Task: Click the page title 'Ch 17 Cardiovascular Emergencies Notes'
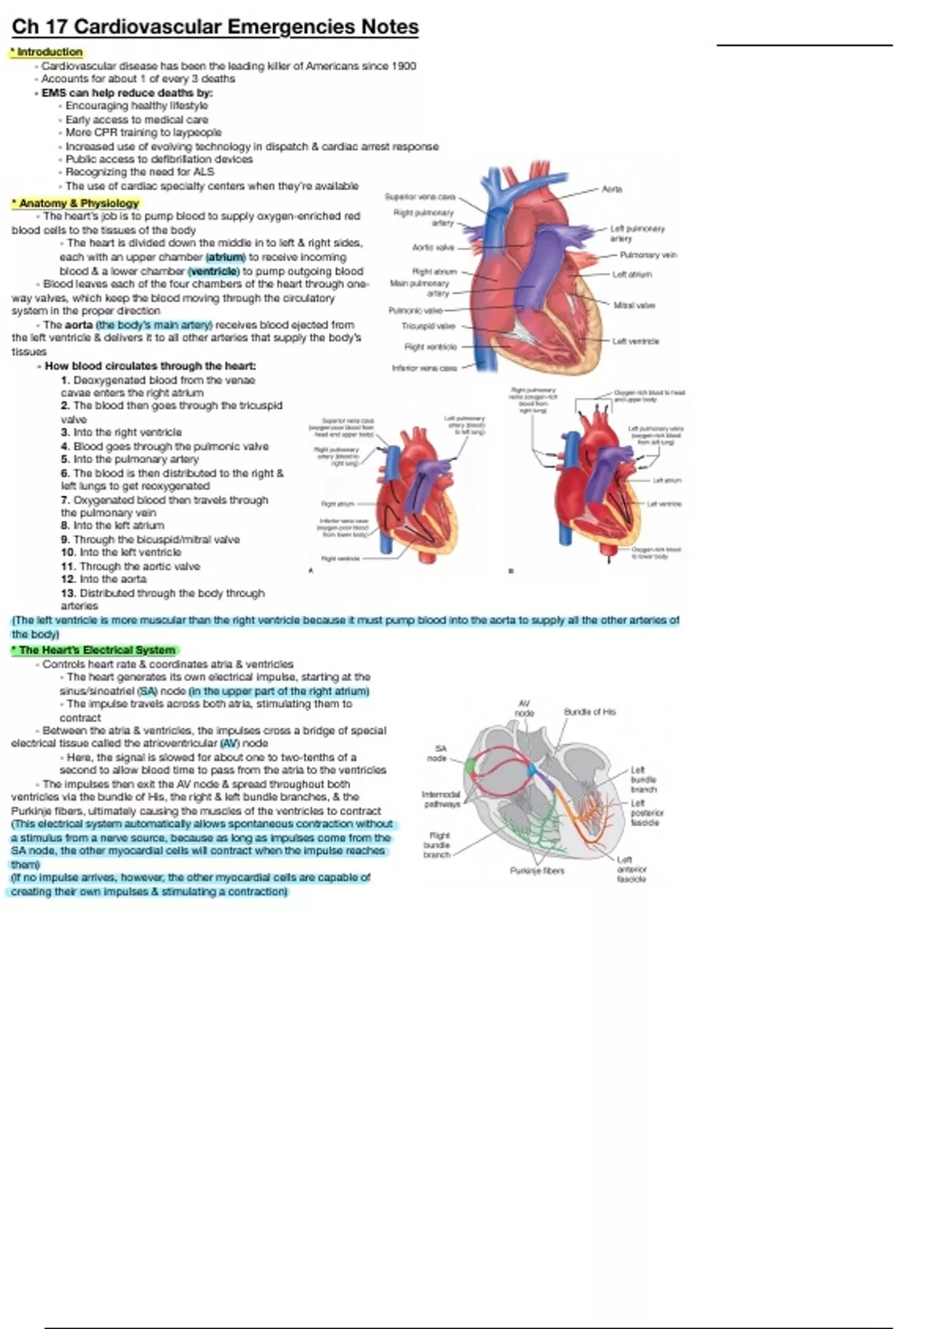click(x=215, y=27)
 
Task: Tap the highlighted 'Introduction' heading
click(x=49, y=52)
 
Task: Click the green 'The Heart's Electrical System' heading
click(x=96, y=650)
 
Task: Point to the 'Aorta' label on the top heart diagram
click(x=611, y=189)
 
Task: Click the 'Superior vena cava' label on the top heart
click(x=420, y=197)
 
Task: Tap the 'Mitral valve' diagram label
click(x=634, y=306)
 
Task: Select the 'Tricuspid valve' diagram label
click(x=428, y=326)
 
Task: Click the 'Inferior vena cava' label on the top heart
click(x=424, y=367)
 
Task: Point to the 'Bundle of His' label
click(x=589, y=712)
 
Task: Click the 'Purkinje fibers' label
click(x=537, y=871)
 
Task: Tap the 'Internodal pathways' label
click(x=441, y=799)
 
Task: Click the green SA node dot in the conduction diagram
click(x=469, y=766)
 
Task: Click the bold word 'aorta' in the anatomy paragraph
click(x=78, y=325)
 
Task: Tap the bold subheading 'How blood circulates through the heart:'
click(x=150, y=366)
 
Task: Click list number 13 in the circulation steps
click(x=68, y=593)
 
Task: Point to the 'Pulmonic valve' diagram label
click(x=416, y=311)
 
